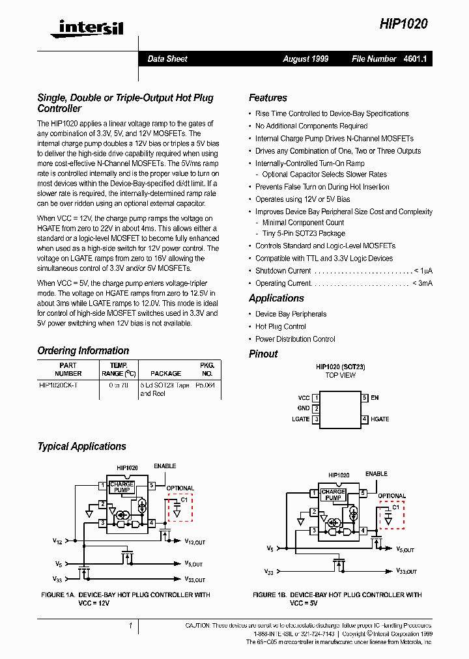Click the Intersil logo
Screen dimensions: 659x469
pos(81,27)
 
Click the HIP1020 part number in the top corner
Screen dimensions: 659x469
pos(404,24)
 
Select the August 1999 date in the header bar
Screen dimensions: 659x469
pos(306,59)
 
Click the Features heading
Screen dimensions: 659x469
pos(268,98)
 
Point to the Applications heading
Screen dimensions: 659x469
pos(276,298)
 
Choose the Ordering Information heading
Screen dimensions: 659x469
pos(83,350)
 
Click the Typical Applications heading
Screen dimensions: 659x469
pos(81,446)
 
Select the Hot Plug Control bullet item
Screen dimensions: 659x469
pos(280,326)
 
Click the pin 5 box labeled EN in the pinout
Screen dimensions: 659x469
pos(365,397)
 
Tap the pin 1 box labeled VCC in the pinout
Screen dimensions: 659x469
pos(316,397)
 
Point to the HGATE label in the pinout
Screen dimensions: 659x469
pos(380,419)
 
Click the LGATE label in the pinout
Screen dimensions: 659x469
pos(300,419)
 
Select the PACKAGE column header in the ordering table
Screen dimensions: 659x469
pos(165,373)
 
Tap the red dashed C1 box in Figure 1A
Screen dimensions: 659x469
pos(180,508)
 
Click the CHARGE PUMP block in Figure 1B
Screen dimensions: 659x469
pos(333,495)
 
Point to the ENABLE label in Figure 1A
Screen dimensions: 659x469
pos(165,466)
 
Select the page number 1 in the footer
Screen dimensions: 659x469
pos(130,626)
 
